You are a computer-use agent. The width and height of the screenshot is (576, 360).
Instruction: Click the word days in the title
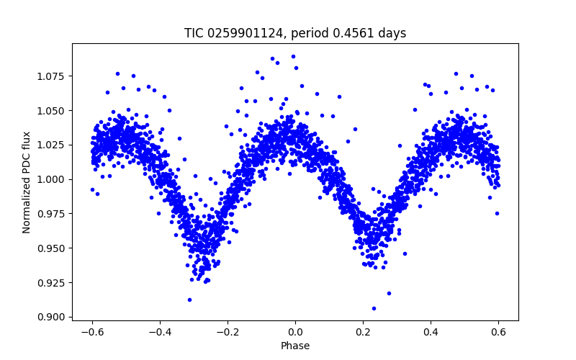[392, 33]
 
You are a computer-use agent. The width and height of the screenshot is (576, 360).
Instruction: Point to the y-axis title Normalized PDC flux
[27, 181]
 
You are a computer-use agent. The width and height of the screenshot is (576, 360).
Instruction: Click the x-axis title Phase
[295, 346]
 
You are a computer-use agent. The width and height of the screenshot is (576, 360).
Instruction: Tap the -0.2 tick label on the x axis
[225, 332]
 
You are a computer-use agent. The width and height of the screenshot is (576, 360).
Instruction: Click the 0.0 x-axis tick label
[295, 332]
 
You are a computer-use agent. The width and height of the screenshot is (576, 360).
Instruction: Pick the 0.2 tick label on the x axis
[363, 332]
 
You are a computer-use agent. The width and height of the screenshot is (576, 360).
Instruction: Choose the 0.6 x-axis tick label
[498, 332]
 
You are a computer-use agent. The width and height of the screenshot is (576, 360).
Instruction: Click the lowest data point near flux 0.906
[374, 308]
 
